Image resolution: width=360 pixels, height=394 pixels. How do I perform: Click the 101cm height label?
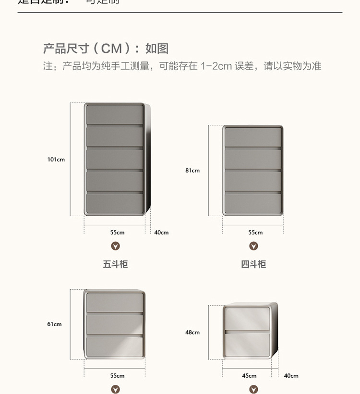pyautogui.click(x=56, y=160)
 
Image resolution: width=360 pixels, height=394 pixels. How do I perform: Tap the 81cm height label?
pyautogui.click(x=192, y=171)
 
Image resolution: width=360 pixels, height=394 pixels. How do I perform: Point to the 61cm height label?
pyautogui.click(x=54, y=324)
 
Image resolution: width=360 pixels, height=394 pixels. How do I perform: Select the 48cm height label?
pyautogui.click(x=192, y=332)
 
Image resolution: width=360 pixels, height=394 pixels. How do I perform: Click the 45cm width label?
pyautogui.click(x=249, y=376)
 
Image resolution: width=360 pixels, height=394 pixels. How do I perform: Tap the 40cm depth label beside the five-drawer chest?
pyautogui.click(x=161, y=233)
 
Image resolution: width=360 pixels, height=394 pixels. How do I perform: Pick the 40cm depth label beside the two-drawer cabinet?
pyautogui.click(x=291, y=376)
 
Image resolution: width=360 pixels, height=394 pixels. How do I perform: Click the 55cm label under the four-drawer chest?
pyautogui.click(x=255, y=233)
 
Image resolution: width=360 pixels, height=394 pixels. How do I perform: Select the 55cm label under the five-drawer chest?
pyautogui.click(x=117, y=233)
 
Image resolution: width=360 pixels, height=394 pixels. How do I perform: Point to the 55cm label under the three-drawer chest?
pyautogui.click(x=117, y=376)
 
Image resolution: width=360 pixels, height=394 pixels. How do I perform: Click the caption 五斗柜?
pyautogui.click(x=115, y=264)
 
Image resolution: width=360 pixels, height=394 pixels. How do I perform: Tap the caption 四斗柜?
pyautogui.click(x=253, y=264)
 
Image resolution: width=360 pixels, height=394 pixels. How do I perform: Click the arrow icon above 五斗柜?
pyautogui.click(x=115, y=246)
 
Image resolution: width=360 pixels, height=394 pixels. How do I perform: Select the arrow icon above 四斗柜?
pyautogui.click(x=253, y=246)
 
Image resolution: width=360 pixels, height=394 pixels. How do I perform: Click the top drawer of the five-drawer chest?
pyautogui.click(x=115, y=114)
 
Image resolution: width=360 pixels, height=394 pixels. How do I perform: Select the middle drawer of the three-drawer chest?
pyautogui.click(x=115, y=323)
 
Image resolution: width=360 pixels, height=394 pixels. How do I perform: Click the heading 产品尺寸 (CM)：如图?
pyautogui.click(x=106, y=49)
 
